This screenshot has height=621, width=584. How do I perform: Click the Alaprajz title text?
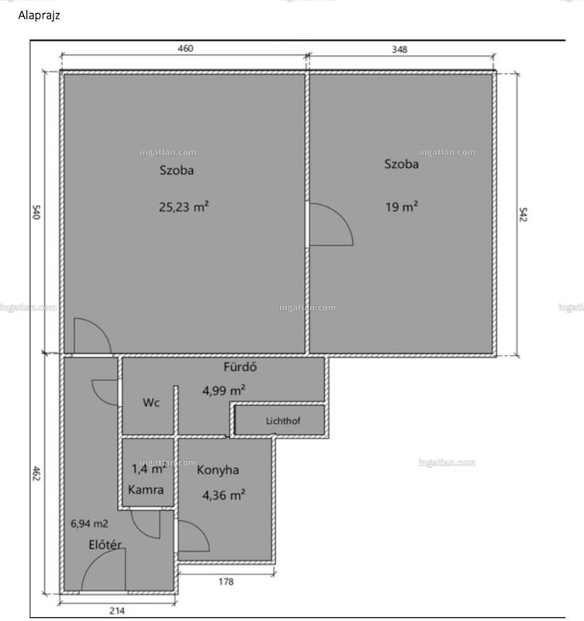(x=39, y=16)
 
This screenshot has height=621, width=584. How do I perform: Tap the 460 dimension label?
(x=185, y=48)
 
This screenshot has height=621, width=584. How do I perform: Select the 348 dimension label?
(x=399, y=49)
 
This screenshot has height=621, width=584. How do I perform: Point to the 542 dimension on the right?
(x=523, y=214)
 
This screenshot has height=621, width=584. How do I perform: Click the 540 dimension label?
(x=36, y=212)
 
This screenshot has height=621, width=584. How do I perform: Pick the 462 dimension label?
(x=36, y=474)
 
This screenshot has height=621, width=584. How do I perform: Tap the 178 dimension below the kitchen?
(x=226, y=581)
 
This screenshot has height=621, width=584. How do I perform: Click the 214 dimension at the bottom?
(x=117, y=611)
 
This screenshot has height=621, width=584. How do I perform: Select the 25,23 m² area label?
(x=184, y=206)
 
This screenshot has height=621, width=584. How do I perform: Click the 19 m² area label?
(x=402, y=206)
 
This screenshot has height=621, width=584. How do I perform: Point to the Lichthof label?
(x=283, y=421)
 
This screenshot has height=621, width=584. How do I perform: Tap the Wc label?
(x=151, y=402)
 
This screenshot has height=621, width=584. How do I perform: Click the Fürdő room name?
(x=240, y=366)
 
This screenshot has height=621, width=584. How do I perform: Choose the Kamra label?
(x=146, y=490)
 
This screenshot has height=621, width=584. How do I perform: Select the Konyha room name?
(x=218, y=470)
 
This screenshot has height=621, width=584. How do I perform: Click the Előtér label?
(x=105, y=545)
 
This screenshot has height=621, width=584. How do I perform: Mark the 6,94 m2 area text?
(x=89, y=523)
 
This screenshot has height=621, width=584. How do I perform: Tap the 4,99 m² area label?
(x=223, y=390)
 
